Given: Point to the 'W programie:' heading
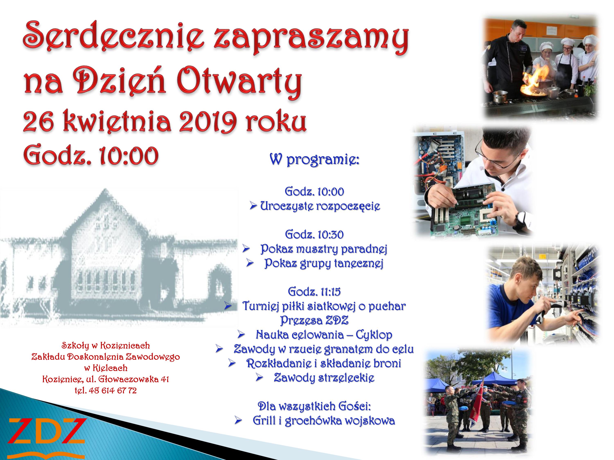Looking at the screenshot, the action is pyautogui.click(x=315, y=160).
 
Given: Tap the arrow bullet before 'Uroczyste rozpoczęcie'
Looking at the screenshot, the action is pyautogui.click(x=253, y=206).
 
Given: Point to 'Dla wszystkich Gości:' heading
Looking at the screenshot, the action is pyautogui.click(x=315, y=406).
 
